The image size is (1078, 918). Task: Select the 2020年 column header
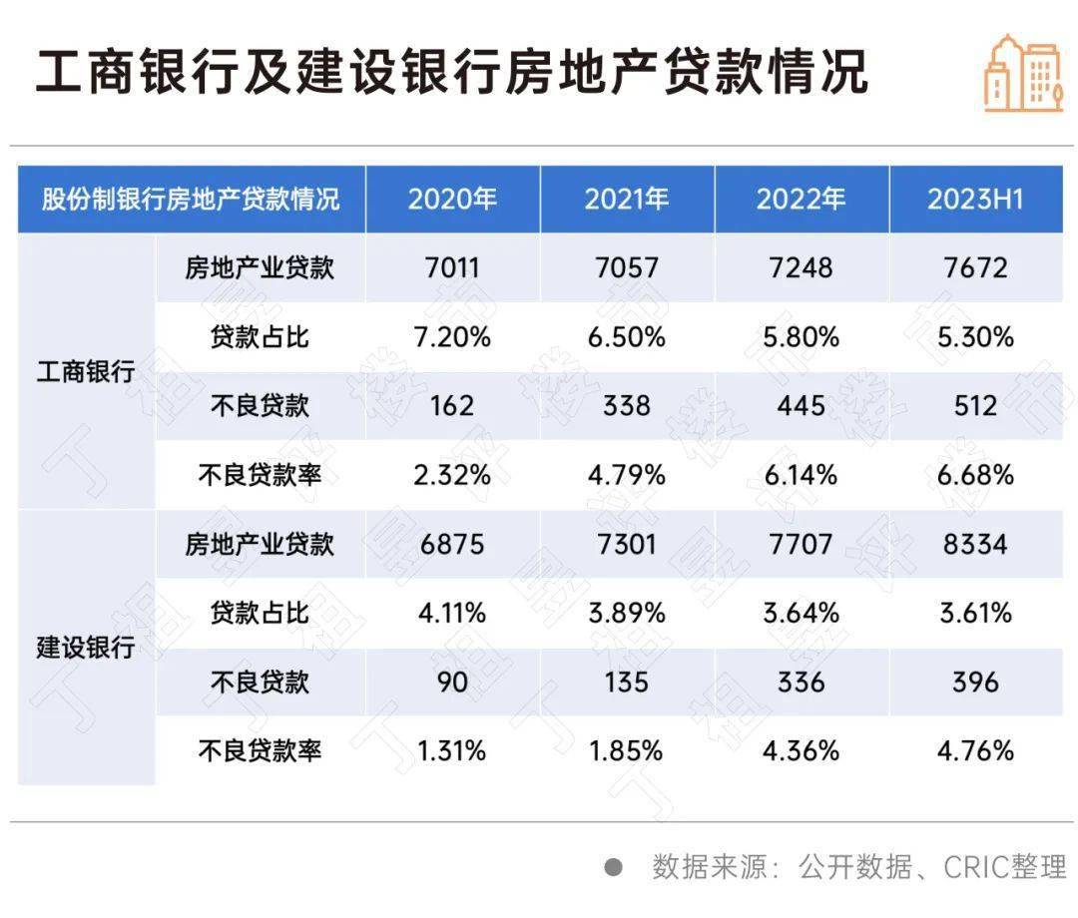coord(452,199)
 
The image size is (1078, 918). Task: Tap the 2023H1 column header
coord(975,199)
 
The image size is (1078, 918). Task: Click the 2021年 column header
coord(626,199)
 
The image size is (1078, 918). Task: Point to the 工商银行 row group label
coord(86,372)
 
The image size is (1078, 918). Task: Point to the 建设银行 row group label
coord(86,647)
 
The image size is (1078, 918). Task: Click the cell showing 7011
coord(452,268)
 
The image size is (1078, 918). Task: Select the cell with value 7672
coord(975,268)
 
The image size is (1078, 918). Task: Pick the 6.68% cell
coord(975,474)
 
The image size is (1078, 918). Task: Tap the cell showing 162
coord(452,406)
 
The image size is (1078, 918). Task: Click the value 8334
coord(975,544)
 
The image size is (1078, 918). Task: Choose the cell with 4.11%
coord(452,613)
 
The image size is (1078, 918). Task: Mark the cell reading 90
coord(452,682)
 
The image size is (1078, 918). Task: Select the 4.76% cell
coord(975,750)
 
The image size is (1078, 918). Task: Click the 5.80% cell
coord(801,337)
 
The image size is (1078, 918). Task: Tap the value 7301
coord(626,544)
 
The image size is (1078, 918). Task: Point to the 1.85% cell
coord(626,750)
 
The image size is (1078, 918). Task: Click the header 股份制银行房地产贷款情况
coord(191,199)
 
